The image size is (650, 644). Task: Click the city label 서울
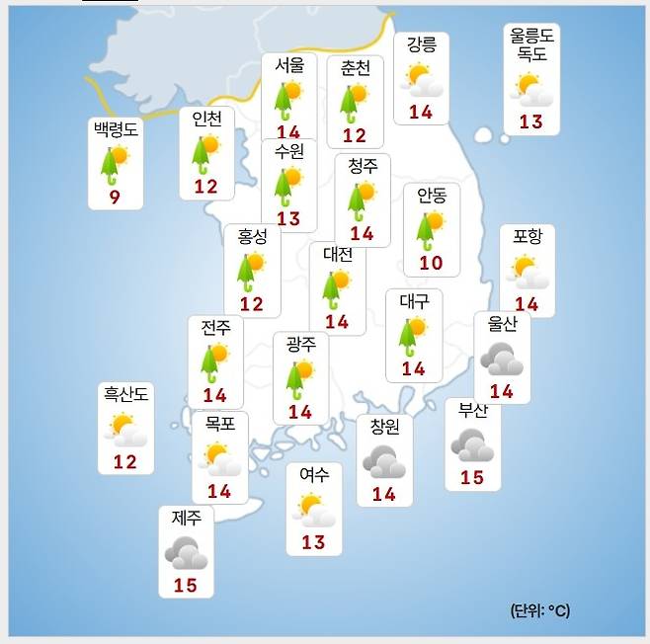tap(289, 66)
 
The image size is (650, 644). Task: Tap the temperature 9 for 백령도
tap(116, 199)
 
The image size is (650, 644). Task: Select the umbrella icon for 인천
tap(205, 152)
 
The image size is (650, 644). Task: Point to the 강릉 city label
tap(422, 46)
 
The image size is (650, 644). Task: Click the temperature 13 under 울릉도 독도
tap(530, 121)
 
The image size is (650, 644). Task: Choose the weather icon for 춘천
tap(353, 101)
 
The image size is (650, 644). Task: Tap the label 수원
tap(288, 152)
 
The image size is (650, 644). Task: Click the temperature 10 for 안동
tap(430, 263)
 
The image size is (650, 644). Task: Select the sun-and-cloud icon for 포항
tap(527, 270)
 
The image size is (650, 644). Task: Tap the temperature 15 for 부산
tap(472, 477)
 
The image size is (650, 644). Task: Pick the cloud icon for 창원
tap(382, 460)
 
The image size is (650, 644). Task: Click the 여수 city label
tap(313, 476)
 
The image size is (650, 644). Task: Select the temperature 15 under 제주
tap(185, 585)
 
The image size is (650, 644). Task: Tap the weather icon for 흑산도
tap(125, 430)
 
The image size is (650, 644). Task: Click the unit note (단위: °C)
tap(540, 610)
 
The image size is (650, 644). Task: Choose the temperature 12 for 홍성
tap(252, 303)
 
